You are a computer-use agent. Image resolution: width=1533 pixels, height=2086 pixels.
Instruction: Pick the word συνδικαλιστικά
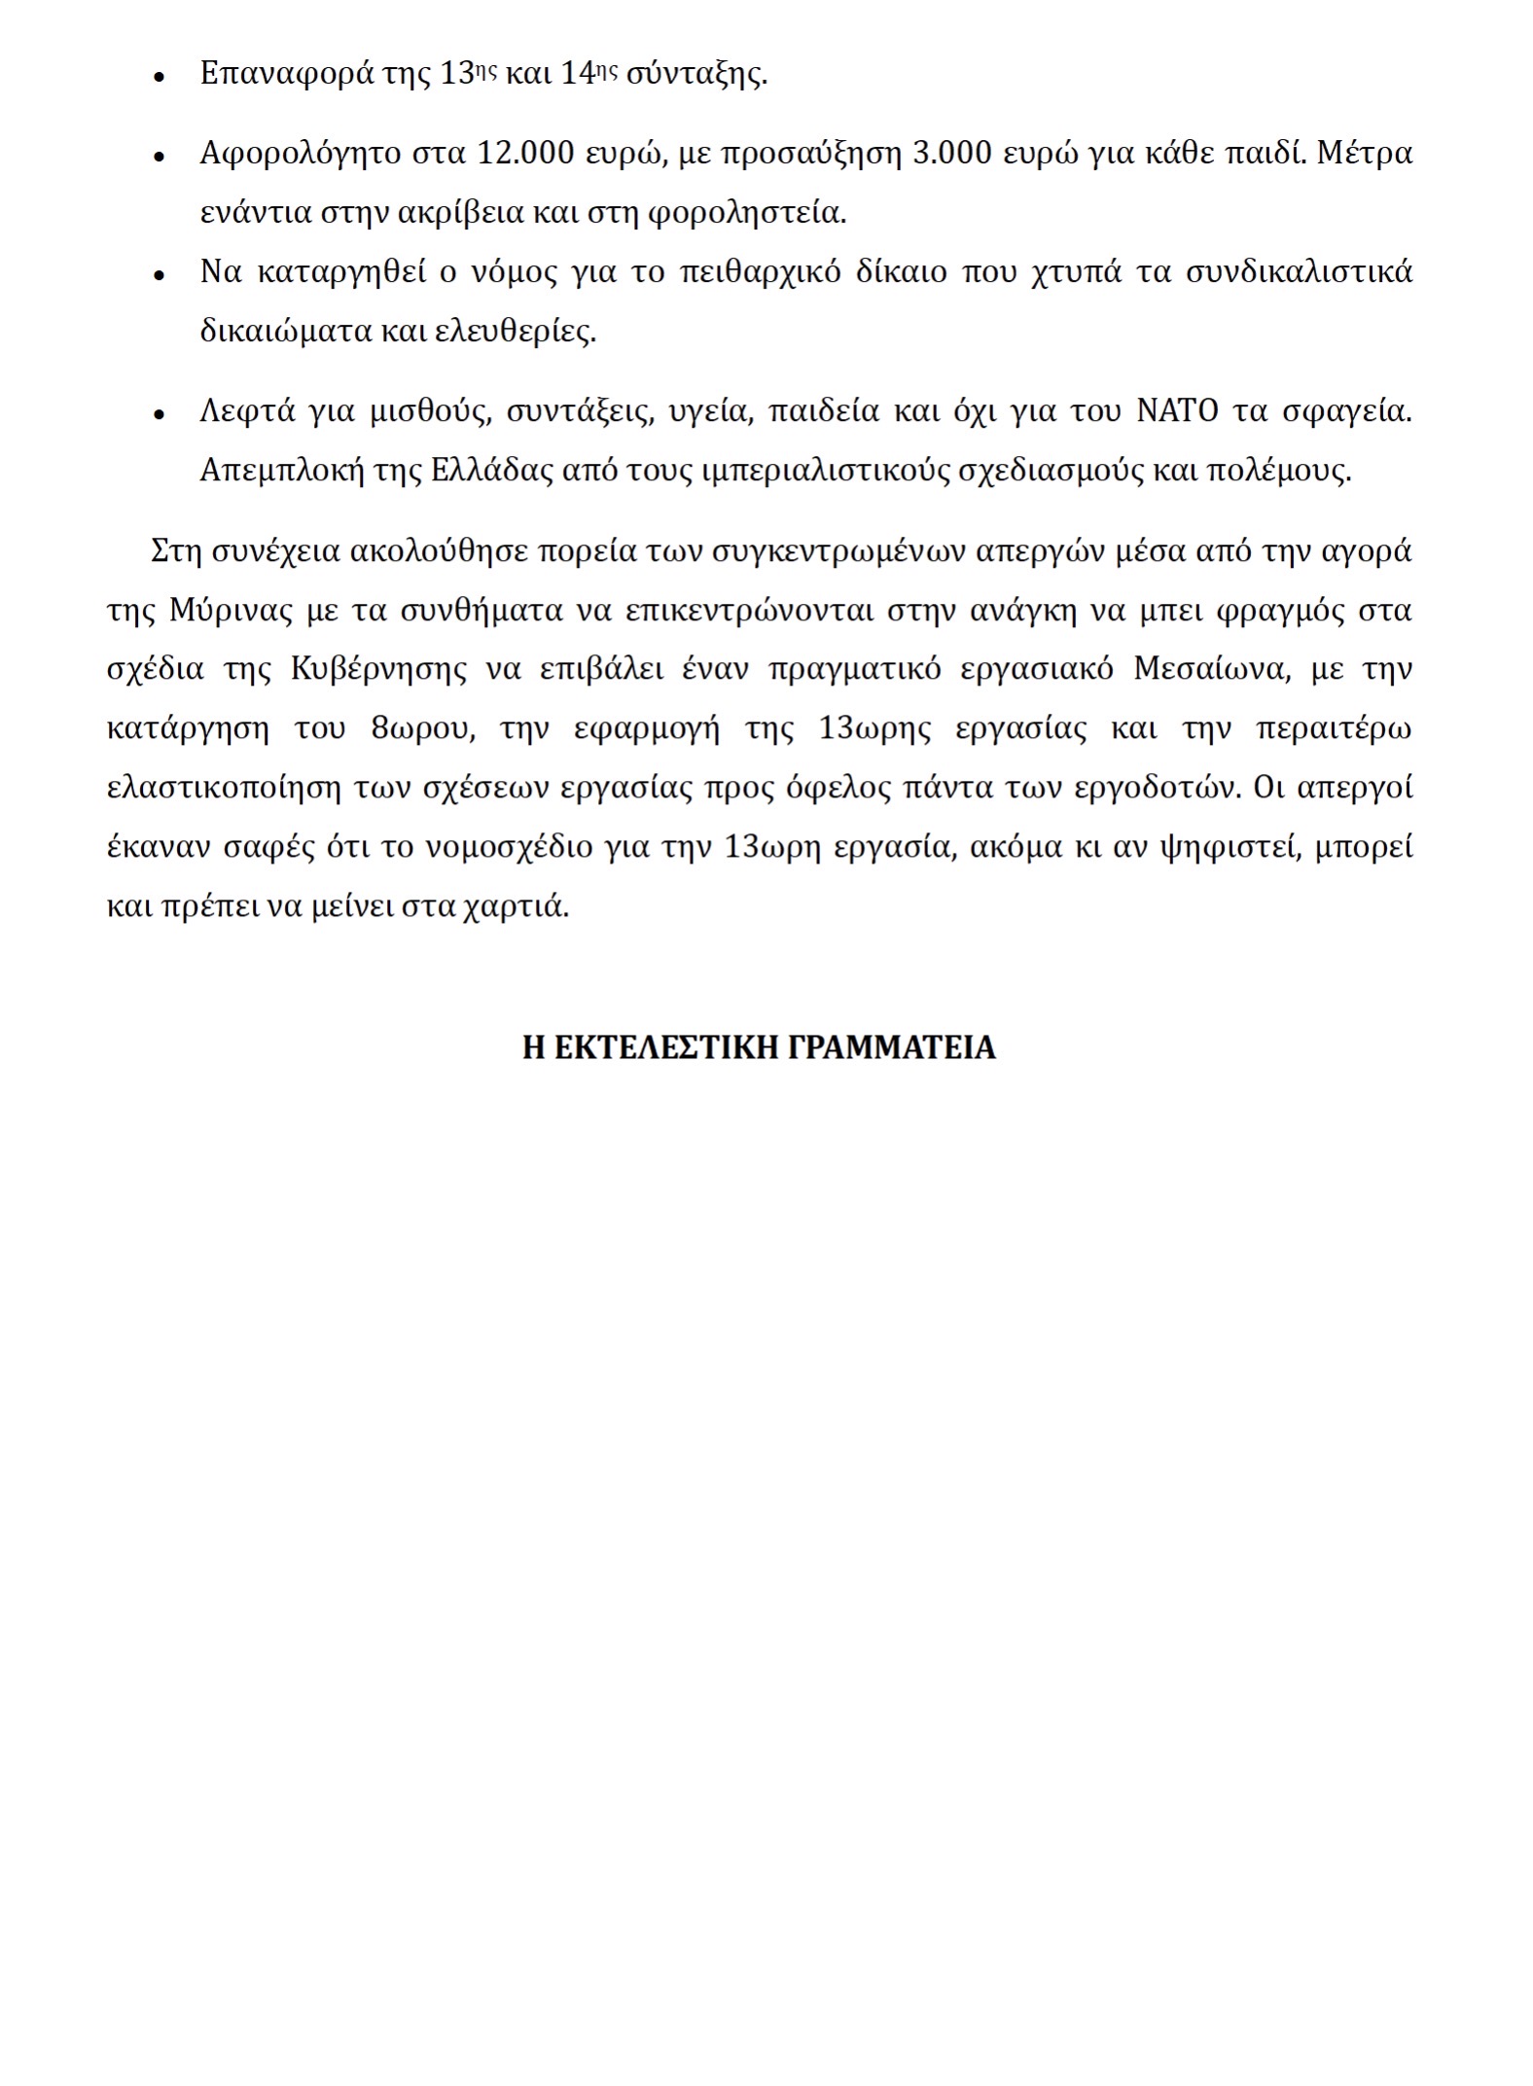point(1299,272)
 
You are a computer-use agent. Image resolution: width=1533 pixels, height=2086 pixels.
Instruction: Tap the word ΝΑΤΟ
point(1177,411)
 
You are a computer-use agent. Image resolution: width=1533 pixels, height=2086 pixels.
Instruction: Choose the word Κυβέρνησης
point(379,670)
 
